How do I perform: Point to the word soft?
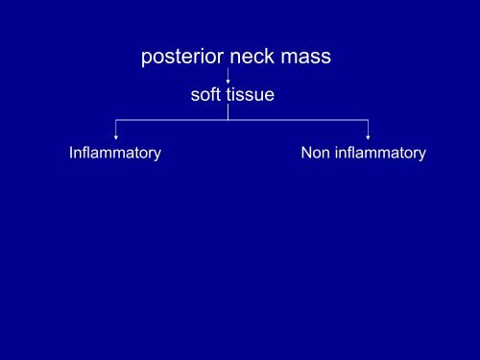point(206,94)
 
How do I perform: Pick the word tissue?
point(251,94)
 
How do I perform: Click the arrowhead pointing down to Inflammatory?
point(116,137)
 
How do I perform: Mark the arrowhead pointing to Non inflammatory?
point(368,137)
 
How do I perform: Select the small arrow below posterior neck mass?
point(228,77)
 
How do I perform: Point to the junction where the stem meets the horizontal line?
point(228,120)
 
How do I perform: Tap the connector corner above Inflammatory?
point(116,120)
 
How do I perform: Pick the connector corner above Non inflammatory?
point(368,120)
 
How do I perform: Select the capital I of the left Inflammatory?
point(72,154)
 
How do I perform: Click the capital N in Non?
point(306,154)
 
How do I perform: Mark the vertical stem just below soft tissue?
point(228,111)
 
